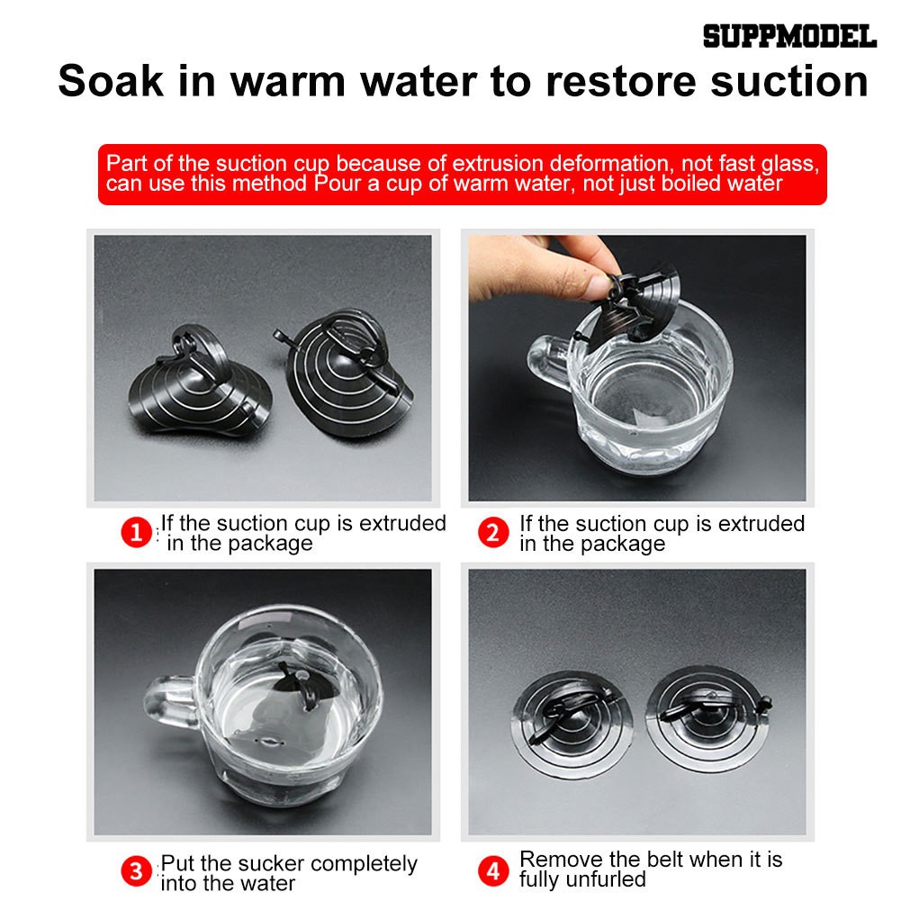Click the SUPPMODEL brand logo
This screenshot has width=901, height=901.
[x=789, y=36]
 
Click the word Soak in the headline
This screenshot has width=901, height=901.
[x=111, y=81]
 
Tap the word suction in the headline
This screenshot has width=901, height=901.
[x=789, y=81]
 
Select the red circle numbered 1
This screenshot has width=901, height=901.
[x=136, y=532]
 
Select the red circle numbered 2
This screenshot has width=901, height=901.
[x=493, y=532]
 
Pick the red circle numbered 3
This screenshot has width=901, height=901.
[x=136, y=871]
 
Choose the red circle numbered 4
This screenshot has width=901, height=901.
[x=493, y=871]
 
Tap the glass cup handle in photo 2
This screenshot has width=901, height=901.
[x=549, y=362]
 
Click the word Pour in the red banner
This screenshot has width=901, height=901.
[x=338, y=184]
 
